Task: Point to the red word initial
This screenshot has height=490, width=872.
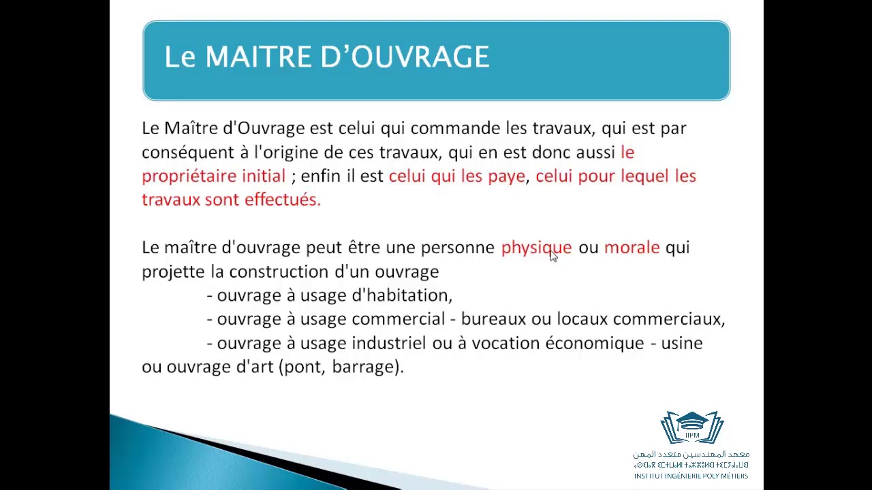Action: pos(264,176)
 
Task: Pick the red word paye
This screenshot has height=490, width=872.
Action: pos(506,177)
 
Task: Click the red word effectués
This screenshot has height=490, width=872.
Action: pos(282,199)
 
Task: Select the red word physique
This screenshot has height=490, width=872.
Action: pos(535,248)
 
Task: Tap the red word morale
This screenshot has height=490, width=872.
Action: pos(632,248)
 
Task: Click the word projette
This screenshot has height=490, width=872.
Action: pos(172,272)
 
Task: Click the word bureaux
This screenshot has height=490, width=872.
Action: pos(493,319)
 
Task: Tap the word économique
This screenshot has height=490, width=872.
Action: pos(594,343)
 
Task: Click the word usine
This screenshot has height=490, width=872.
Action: pos(682,343)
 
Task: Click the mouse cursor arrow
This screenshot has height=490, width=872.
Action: pos(552,255)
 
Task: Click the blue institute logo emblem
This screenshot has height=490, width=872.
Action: pos(691,428)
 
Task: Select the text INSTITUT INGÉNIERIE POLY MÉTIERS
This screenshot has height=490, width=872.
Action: pos(691,476)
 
